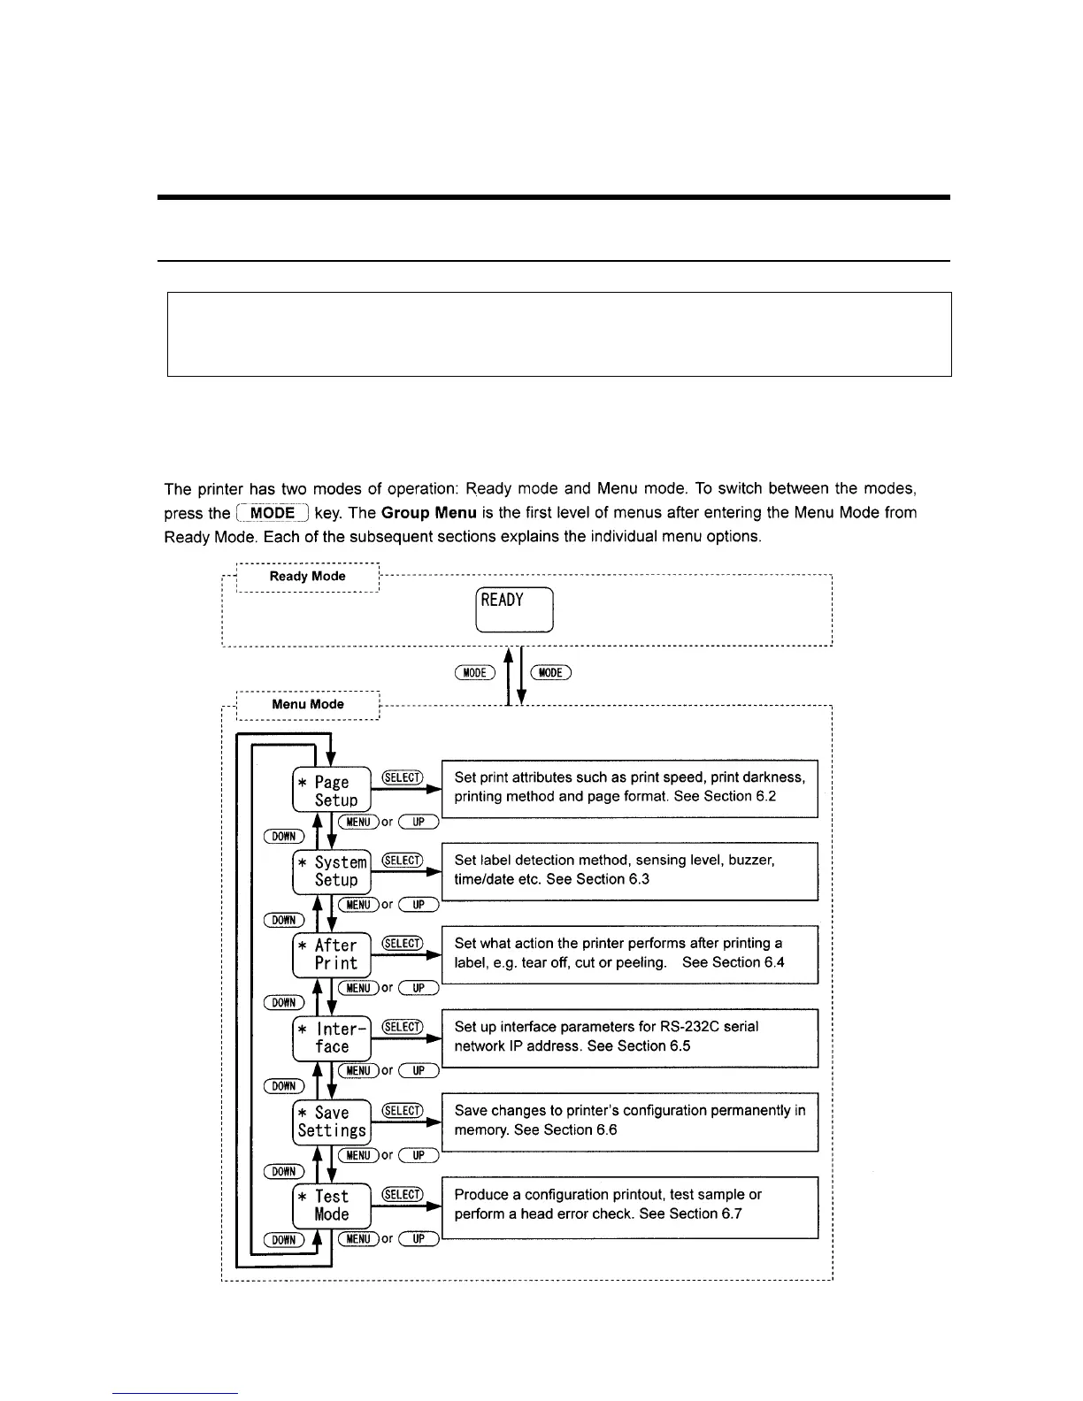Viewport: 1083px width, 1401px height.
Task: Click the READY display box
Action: (514, 609)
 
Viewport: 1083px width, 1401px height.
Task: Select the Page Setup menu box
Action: (332, 790)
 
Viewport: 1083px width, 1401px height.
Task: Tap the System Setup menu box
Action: (332, 871)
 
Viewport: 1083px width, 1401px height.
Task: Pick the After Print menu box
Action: (332, 954)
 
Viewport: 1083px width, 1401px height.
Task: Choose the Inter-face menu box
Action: (332, 1037)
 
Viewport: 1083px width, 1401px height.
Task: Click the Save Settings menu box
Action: (332, 1122)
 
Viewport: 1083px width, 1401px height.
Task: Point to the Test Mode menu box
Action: (332, 1205)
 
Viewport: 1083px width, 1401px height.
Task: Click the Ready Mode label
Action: (307, 576)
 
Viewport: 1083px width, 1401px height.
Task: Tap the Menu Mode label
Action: (307, 704)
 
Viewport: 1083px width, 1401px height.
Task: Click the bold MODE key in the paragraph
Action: (273, 513)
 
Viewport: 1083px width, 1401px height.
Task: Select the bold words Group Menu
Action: (429, 513)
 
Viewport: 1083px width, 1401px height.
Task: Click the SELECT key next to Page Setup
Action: (403, 777)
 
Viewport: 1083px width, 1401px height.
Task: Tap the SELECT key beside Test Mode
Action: (403, 1195)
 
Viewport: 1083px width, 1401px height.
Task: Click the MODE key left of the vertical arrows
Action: (475, 673)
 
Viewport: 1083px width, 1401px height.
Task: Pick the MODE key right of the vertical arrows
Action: (550, 673)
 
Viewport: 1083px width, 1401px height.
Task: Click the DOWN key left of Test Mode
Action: (284, 1240)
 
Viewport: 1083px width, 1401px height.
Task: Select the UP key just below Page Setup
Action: (419, 823)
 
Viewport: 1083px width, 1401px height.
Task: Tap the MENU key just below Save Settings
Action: (358, 1155)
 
